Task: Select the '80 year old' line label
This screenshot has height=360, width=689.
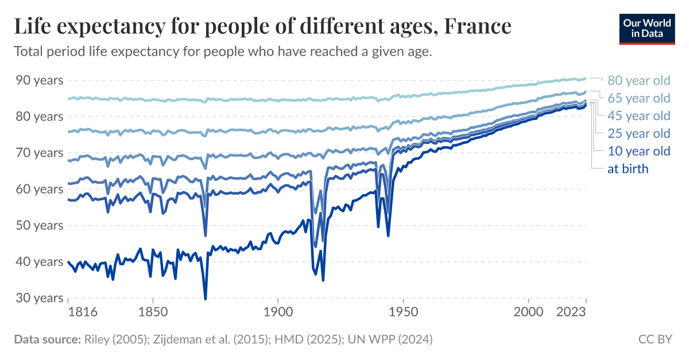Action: click(x=638, y=80)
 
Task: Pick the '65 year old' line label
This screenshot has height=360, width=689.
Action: click(x=638, y=98)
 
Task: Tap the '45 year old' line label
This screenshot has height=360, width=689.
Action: click(x=638, y=115)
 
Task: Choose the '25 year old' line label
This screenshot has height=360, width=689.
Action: click(x=638, y=133)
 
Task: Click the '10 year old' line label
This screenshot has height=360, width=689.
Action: click(x=638, y=151)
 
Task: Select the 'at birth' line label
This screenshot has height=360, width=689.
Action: click(x=628, y=168)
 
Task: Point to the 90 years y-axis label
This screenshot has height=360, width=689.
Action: click(x=38, y=80)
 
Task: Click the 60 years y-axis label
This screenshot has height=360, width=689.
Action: click(x=38, y=189)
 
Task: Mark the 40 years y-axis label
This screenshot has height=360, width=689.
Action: click(x=38, y=261)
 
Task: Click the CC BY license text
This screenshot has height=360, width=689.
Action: click(x=655, y=339)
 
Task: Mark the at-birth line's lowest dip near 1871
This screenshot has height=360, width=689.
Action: click(x=206, y=298)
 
